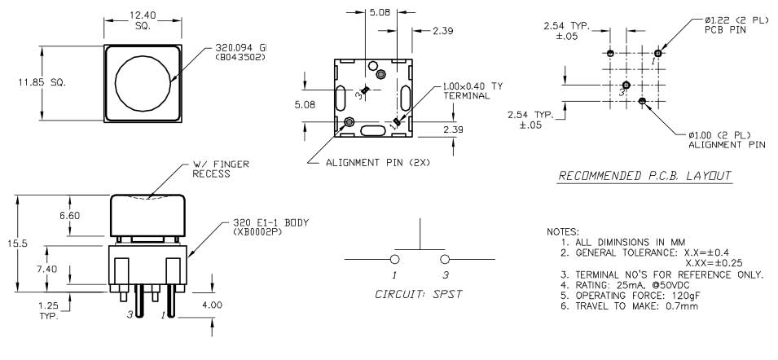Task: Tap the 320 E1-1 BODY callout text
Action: pos(270,227)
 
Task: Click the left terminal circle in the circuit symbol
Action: pos(395,260)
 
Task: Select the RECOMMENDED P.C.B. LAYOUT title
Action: pos(644,176)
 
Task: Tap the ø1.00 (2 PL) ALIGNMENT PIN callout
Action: pos(727,139)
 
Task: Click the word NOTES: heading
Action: pos(563,232)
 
